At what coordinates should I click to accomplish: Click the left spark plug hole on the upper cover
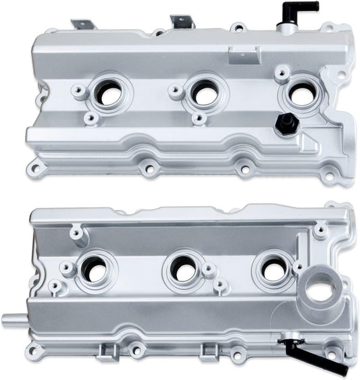109,94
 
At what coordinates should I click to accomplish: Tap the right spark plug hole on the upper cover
301,95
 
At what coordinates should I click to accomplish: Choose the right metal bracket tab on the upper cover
181,22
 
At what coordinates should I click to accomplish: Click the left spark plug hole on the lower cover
95,271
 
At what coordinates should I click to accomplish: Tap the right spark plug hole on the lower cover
274,270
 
